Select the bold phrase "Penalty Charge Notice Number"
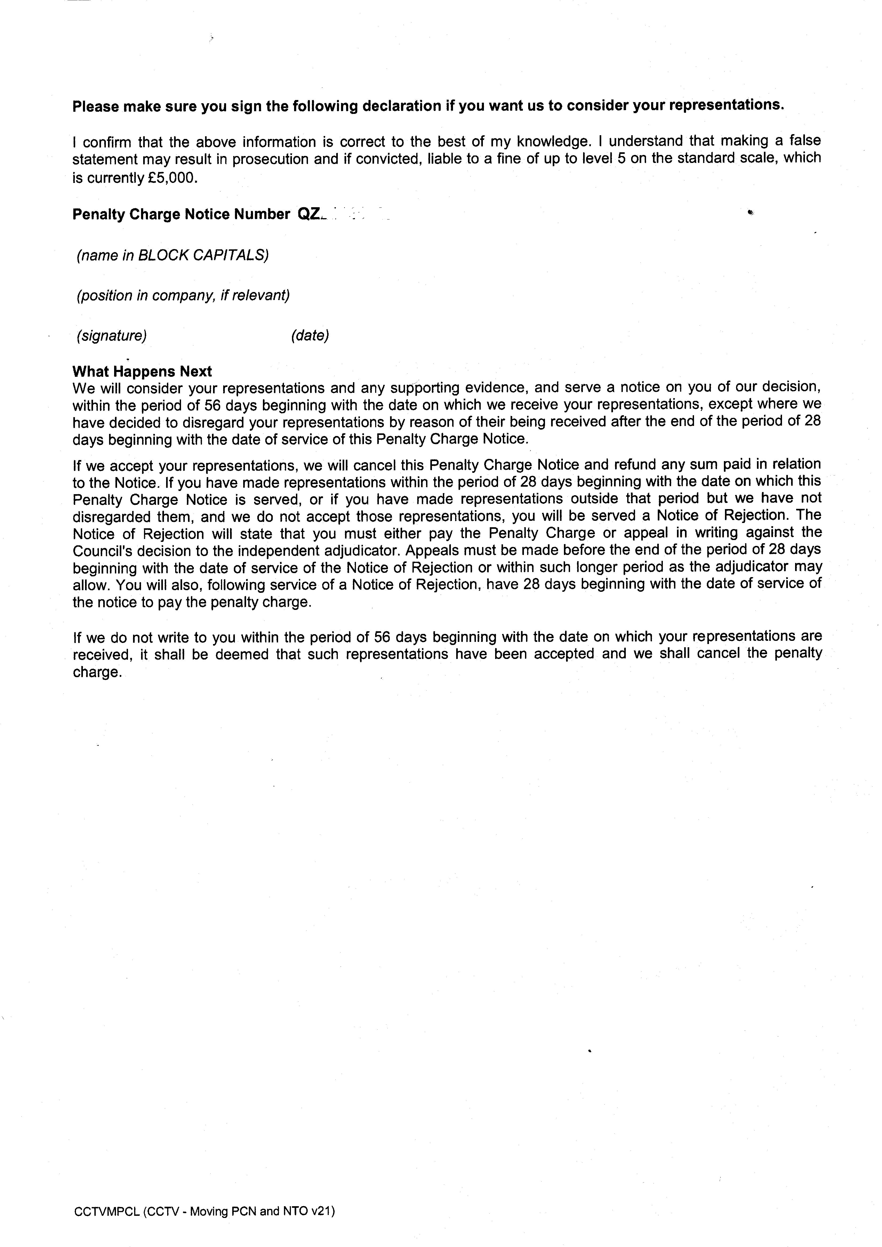point(181,214)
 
